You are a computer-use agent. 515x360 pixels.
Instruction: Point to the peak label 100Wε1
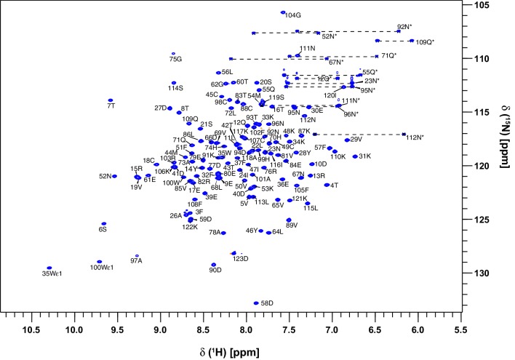click(x=101, y=268)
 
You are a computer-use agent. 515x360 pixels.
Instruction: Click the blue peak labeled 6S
click(x=104, y=224)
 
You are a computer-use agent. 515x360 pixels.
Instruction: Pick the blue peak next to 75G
click(x=173, y=54)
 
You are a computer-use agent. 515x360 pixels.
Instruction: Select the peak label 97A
click(x=136, y=260)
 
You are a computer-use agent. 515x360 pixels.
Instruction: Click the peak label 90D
click(x=215, y=271)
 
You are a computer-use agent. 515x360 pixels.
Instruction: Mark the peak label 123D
click(x=240, y=258)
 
